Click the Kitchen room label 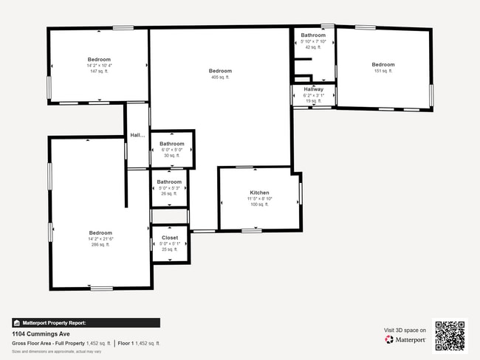259,193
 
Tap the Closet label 169,238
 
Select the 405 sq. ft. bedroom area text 220,77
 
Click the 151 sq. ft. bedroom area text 383,71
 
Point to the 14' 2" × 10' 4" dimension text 99,66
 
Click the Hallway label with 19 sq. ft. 313,89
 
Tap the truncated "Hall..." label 137,135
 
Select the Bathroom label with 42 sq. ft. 313,35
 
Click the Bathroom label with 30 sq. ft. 172,144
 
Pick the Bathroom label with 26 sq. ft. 169,181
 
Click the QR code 450,335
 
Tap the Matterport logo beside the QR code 405,339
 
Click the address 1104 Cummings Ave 41,333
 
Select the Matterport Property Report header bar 86,322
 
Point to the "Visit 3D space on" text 405,330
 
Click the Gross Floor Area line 86,343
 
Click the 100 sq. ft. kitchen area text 259,204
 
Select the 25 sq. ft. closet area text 169,249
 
